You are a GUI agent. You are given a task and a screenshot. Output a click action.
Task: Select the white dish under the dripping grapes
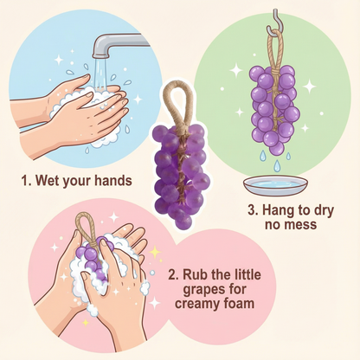point(276,185)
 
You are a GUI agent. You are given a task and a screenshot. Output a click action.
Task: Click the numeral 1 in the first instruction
point(25,181)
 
